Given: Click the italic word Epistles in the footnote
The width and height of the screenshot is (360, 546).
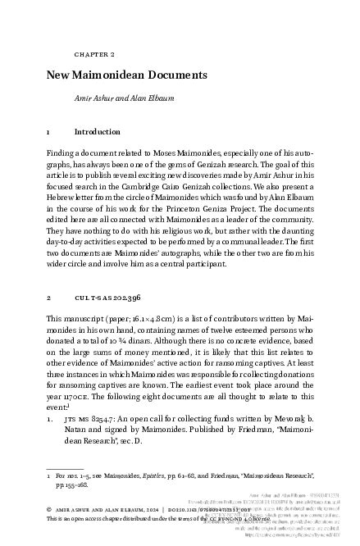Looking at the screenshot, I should [x=157, y=475].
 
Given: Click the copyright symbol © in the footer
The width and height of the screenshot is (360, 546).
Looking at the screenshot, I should [x=50, y=509].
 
